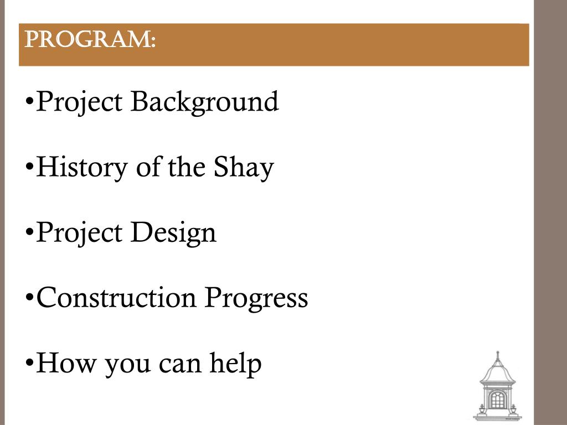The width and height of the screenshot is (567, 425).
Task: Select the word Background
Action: [x=204, y=102]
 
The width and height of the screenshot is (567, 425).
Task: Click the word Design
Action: [x=173, y=233]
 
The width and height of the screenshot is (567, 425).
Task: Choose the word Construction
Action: [x=116, y=298]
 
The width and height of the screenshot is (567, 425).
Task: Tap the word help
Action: [x=235, y=364]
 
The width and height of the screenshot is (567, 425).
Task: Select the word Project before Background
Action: [x=80, y=103]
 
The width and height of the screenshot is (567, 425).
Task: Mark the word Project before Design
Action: [x=80, y=233]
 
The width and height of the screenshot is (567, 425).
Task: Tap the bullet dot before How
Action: [x=30, y=364]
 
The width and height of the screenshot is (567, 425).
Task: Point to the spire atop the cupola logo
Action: [x=497, y=355]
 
